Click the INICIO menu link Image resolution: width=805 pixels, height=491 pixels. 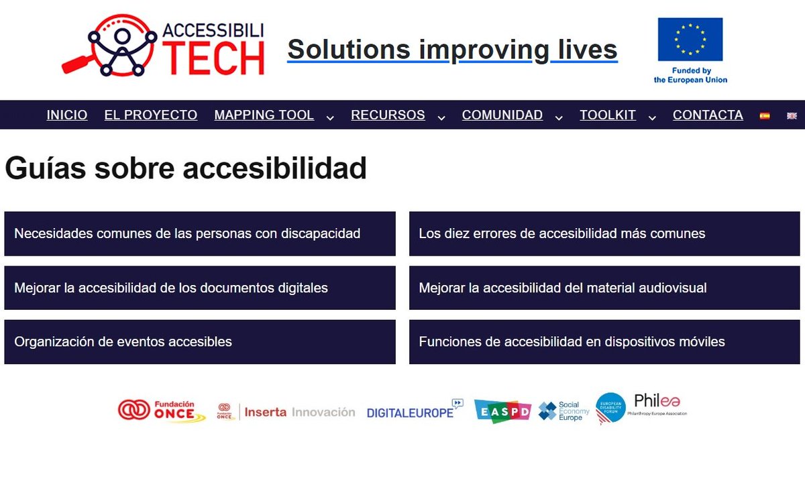click(67, 115)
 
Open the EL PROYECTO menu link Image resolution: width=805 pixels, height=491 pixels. click(151, 115)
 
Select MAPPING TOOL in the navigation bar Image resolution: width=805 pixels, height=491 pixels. click(264, 115)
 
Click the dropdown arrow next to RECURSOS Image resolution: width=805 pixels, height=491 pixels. click(441, 117)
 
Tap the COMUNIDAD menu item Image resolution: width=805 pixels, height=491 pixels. click(502, 115)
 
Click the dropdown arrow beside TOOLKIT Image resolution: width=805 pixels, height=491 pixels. click(652, 117)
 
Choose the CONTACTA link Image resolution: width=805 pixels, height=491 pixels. click(708, 115)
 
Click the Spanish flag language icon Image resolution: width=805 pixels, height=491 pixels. click(764, 116)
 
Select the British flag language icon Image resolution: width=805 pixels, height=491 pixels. click(792, 116)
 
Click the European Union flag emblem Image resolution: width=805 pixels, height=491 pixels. click(690, 40)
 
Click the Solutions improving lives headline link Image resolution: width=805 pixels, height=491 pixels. click(452, 50)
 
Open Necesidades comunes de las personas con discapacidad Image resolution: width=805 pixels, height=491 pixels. click(200, 234)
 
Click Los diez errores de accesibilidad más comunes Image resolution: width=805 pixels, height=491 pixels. click(604, 234)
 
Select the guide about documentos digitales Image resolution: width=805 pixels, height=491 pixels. click(200, 288)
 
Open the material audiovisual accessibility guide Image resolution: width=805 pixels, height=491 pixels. click(604, 288)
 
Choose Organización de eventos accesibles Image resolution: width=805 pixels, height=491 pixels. click(200, 342)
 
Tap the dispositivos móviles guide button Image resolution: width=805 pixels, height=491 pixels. click(604, 342)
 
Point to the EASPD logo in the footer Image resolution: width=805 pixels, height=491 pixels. click(502, 411)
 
